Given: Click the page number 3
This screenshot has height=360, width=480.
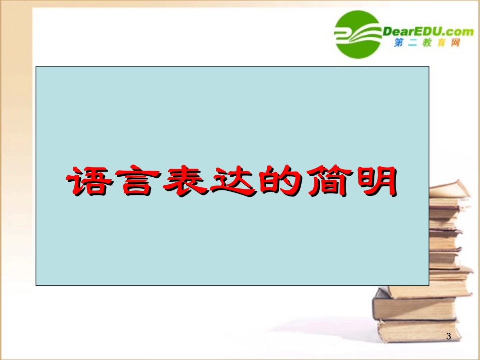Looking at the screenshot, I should (449, 336).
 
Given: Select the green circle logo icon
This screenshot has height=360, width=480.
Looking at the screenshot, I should (358, 34).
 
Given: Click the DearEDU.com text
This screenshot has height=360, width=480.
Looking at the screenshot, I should (428, 31).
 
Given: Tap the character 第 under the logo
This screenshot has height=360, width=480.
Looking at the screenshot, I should (399, 44).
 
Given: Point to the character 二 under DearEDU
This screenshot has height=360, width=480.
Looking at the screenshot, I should (413, 44).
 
